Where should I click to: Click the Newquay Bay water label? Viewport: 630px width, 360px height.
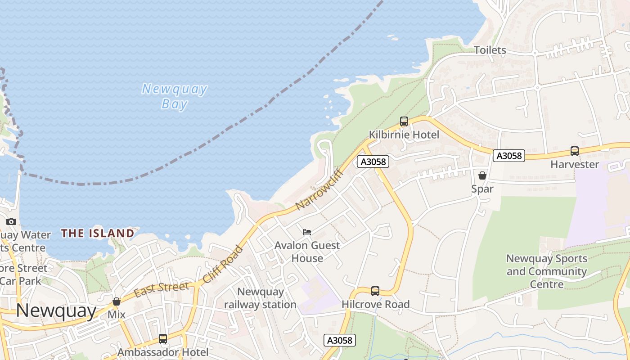pyautogui.click(x=174, y=96)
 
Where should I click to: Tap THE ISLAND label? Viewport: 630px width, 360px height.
pyautogui.click(x=98, y=233)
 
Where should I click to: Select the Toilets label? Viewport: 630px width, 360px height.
pyautogui.click(x=490, y=50)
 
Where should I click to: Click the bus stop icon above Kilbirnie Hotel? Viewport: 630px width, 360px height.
pyautogui.click(x=404, y=121)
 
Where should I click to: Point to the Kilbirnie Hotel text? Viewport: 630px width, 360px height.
pyautogui.click(x=404, y=135)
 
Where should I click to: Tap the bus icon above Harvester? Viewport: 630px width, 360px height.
pyautogui.click(x=575, y=151)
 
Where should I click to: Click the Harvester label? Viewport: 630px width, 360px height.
pyautogui.click(x=575, y=164)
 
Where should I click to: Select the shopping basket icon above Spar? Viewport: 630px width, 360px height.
pyautogui.click(x=482, y=175)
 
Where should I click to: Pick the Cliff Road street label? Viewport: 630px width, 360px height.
pyautogui.click(x=223, y=264)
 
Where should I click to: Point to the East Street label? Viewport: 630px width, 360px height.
pyautogui.click(x=162, y=288)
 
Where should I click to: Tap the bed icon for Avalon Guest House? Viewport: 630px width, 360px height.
pyautogui.click(x=307, y=232)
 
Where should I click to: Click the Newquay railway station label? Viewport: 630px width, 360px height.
pyautogui.click(x=260, y=298)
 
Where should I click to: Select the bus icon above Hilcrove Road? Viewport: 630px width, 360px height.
pyautogui.click(x=375, y=291)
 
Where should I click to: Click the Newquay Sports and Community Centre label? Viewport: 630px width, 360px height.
pyautogui.click(x=547, y=271)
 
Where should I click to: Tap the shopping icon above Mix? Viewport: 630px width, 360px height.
pyautogui.click(x=117, y=301)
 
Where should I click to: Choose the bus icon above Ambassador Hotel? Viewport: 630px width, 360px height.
pyautogui.click(x=163, y=339)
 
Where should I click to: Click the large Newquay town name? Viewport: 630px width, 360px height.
pyautogui.click(x=56, y=310)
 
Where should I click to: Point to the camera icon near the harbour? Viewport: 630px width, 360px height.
pyautogui.click(x=11, y=221)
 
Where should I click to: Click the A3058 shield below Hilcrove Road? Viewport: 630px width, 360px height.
pyautogui.click(x=340, y=340)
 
